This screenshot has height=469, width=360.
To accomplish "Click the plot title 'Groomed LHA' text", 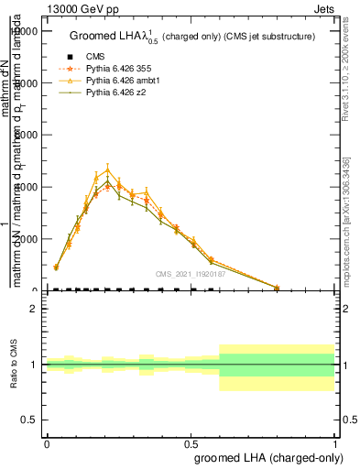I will pos(110,37).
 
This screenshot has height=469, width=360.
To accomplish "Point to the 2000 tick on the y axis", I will pos(27,239).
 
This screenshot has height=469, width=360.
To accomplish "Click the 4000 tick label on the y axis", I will pos(27,187).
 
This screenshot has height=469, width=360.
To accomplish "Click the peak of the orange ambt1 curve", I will pos(107,169).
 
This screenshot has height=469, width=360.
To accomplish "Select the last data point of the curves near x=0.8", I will pos(277,288).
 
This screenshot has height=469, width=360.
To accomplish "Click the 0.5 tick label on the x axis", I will pos(191,444).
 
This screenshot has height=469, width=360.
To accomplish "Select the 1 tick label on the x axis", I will pos(335,444).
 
